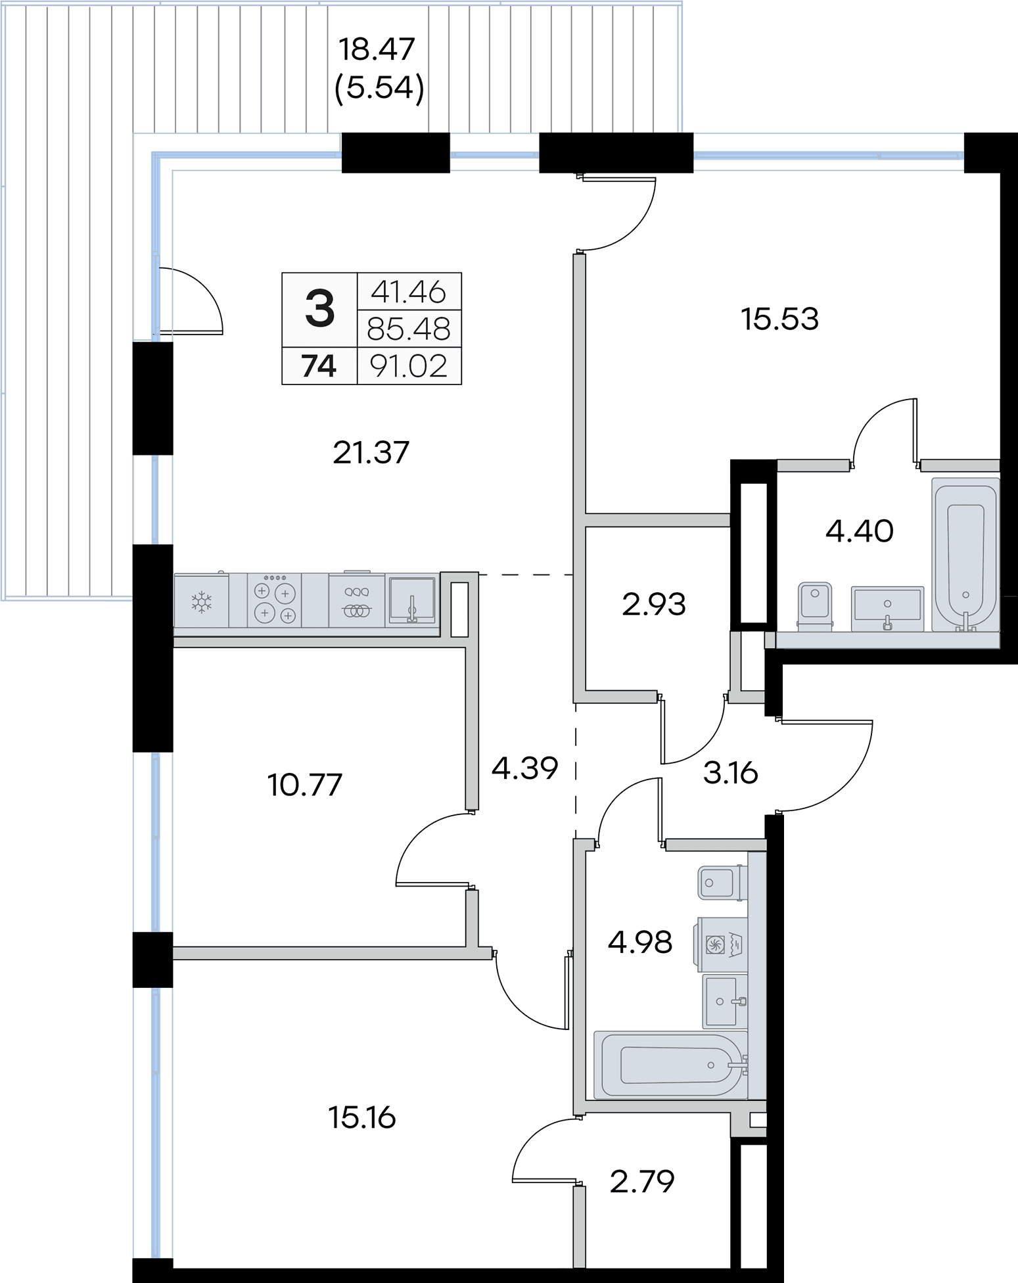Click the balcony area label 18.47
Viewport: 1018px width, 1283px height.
pos(377,50)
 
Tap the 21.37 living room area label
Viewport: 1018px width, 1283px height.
pos(371,453)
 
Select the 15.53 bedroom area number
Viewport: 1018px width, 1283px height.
pos(780,319)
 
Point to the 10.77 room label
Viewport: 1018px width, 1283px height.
pos(305,785)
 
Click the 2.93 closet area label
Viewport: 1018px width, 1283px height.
pos(654,605)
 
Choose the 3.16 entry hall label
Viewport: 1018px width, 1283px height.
pos(731,773)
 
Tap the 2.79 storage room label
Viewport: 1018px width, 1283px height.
pos(642,1182)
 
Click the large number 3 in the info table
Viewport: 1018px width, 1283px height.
pos(320,310)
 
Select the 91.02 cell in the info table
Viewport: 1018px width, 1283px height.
pos(409,366)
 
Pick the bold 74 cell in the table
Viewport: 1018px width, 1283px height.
pos(319,366)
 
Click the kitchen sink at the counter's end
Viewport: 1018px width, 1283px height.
pos(411,599)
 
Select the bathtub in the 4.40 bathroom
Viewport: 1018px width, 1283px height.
pos(965,555)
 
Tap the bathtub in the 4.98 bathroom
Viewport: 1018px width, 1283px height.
pos(671,1065)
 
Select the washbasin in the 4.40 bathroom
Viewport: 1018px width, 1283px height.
pos(887,609)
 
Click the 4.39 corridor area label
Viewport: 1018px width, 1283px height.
pos(525,768)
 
